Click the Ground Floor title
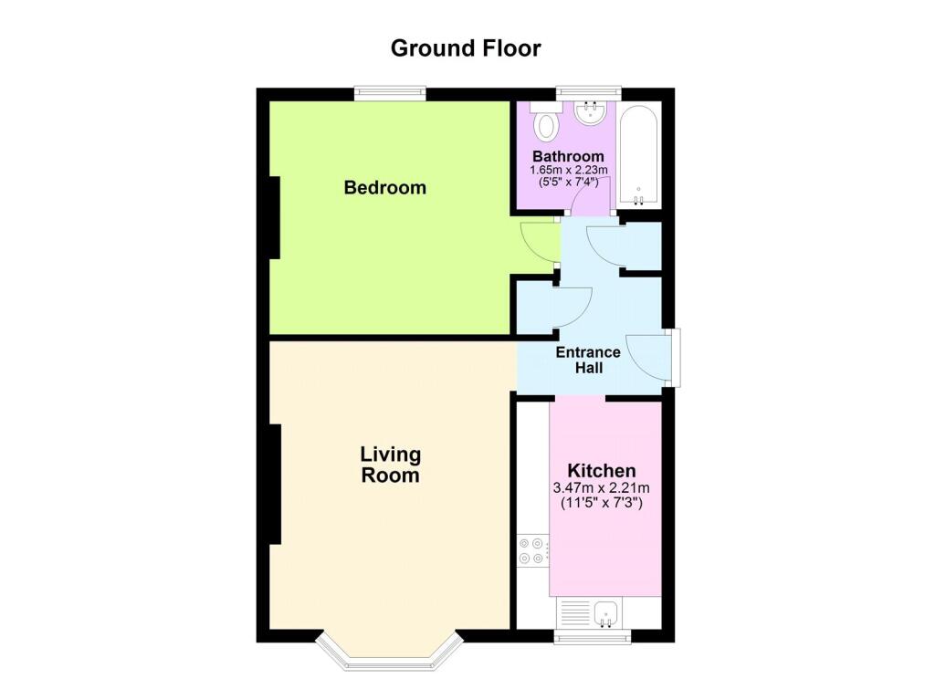466,48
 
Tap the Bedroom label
385,188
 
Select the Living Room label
391,465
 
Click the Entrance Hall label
588,360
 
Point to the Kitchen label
602,470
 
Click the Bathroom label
568,156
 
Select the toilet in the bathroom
544,121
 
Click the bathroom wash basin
591,113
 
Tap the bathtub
638,155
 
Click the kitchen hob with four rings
531,551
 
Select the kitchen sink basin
606,613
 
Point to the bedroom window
390,94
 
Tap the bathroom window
589,94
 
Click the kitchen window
592,637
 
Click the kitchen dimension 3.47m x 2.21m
602,487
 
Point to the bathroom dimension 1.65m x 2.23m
569,170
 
